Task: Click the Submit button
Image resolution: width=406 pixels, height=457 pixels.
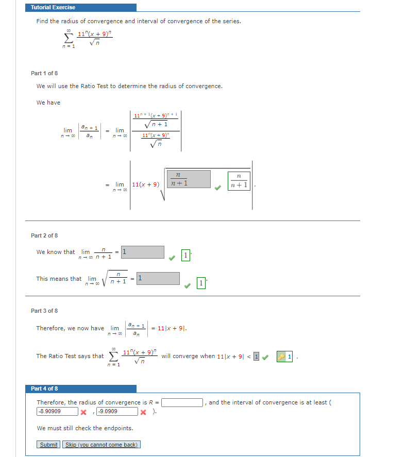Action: click(x=49, y=445)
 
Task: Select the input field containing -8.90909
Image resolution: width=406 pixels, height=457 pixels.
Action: click(x=57, y=411)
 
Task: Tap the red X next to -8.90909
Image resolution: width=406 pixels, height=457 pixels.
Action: click(x=82, y=412)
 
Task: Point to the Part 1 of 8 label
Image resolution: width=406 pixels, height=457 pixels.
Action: click(x=44, y=73)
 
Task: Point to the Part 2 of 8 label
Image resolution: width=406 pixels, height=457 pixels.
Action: click(x=44, y=235)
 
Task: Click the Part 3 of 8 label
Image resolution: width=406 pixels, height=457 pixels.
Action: click(x=44, y=311)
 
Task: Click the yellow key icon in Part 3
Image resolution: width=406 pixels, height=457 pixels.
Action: click(x=281, y=356)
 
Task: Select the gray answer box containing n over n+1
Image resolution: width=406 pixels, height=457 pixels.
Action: click(x=188, y=179)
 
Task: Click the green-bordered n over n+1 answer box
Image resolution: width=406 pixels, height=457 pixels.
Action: click(x=239, y=181)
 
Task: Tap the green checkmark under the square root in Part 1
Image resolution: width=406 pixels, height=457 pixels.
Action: click(x=218, y=188)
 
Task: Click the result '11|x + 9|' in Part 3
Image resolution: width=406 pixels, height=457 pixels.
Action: click(x=172, y=328)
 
